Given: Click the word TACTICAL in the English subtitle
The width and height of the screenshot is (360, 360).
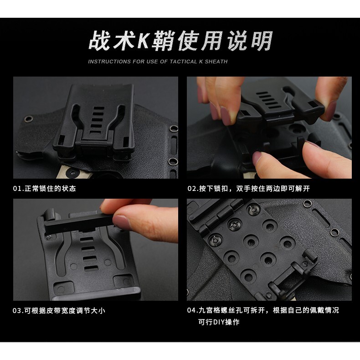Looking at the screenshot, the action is [183, 62].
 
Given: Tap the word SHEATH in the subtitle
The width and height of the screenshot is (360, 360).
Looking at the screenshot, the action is [216, 62].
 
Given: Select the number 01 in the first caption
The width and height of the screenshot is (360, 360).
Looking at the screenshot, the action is [17, 189].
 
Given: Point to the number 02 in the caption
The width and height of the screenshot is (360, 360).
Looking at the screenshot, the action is [192, 189].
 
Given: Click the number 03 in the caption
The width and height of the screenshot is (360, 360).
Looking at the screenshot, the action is [17, 311].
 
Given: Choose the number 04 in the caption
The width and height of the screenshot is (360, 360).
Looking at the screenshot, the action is [191, 310].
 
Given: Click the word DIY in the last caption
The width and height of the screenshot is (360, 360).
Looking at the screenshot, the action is [219, 322].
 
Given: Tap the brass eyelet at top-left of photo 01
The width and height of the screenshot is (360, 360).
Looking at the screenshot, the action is [29, 118].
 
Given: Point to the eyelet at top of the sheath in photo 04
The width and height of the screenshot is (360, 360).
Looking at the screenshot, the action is [308, 203].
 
